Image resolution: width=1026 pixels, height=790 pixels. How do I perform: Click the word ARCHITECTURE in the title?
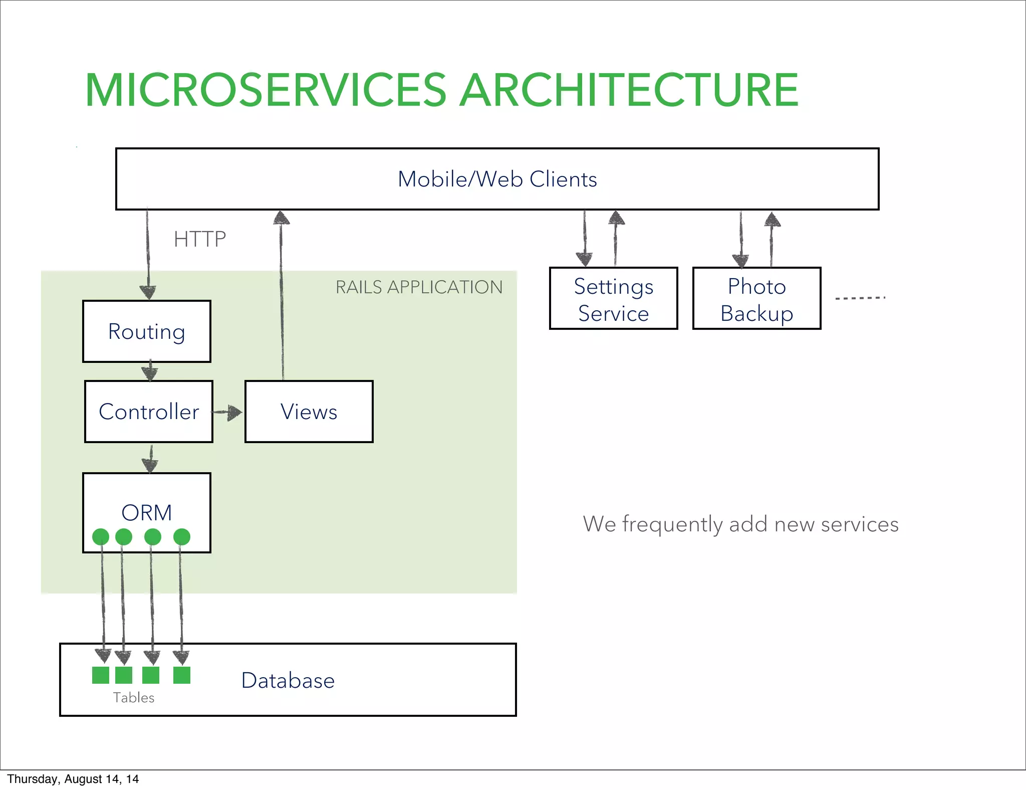pyautogui.click(x=628, y=90)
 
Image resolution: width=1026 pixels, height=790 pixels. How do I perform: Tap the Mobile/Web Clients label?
pyautogui.click(x=497, y=179)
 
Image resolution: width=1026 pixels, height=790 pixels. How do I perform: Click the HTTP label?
pyautogui.click(x=199, y=239)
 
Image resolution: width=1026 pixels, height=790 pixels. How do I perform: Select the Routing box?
pyautogui.click(x=147, y=331)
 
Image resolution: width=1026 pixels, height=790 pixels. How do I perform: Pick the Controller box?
pyautogui.click(x=149, y=412)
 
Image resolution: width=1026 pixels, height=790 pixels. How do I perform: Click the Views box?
pyautogui.click(x=309, y=412)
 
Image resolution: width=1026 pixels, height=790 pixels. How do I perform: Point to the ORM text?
pyautogui.click(x=147, y=512)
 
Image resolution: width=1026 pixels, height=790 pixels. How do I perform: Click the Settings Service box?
pyautogui.click(x=613, y=299)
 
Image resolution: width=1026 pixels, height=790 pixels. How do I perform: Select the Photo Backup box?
pyautogui.click(x=756, y=299)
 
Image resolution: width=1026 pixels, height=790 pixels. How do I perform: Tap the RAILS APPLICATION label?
pyautogui.click(x=419, y=287)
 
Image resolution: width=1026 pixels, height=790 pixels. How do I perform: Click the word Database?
pyautogui.click(x=288, y=680)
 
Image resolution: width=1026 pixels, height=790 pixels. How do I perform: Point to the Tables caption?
pyautogui.click(x=133, y=697)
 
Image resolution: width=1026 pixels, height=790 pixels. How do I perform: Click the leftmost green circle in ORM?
pyautogui.click(x=101, y=537)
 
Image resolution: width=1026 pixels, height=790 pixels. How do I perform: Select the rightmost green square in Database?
pyautogui.click(x=182, y=675)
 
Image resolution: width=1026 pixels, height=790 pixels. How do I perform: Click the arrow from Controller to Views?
pyautogui.click(x=228, y=413)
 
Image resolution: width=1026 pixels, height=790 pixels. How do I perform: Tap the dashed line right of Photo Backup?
pyautogui.click(x=860, y=298)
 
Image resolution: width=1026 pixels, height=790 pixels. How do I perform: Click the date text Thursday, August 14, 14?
pyautogui.click(x=73, y=779)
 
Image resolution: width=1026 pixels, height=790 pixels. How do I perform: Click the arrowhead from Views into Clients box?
pyautogui.click(x=282, y=217)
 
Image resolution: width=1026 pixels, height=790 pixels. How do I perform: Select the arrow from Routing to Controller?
pyautogui.click(x=149, y=371)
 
